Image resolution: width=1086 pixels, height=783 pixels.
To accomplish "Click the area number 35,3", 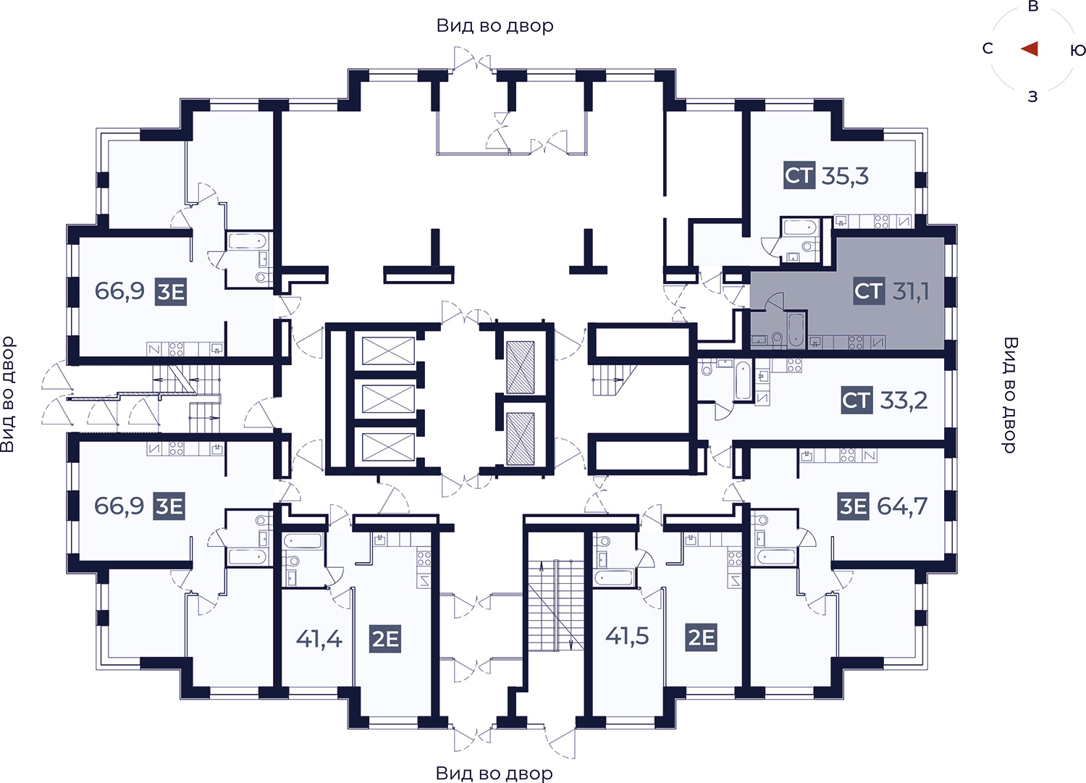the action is point(845,175).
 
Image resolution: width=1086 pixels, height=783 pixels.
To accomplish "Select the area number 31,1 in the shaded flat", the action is point(911,292).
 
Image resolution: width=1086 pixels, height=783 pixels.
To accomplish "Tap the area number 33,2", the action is point(904,401).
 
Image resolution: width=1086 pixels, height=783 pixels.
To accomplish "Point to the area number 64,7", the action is point(902,506).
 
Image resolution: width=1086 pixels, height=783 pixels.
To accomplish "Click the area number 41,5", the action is point(627,635).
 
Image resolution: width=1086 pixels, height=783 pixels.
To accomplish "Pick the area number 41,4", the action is point(319,638).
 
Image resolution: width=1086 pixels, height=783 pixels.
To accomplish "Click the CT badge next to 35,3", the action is point(799,175).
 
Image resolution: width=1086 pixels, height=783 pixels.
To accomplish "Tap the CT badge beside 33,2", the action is point(856,401).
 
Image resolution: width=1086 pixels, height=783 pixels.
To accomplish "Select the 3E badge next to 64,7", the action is point(854,506).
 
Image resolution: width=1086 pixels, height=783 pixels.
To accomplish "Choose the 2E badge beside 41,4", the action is point(385,639).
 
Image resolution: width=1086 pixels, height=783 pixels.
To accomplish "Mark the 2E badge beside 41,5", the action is point(701,637).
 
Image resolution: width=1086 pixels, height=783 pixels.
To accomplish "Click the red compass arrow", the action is point(1030,49).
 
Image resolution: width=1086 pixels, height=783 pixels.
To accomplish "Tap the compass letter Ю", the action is point(1077,50).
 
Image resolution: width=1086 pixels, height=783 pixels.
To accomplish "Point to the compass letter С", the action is point(988,49).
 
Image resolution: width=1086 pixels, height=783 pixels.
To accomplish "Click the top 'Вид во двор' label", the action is point(495,25).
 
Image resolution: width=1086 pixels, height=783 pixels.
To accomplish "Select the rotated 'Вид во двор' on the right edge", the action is point(1010,395).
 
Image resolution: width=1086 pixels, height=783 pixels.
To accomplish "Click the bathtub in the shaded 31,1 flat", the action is point(796,330).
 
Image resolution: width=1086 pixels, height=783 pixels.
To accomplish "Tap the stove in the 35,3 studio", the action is point(881,222).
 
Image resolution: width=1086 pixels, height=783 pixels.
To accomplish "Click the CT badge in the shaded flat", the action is point(869,291).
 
